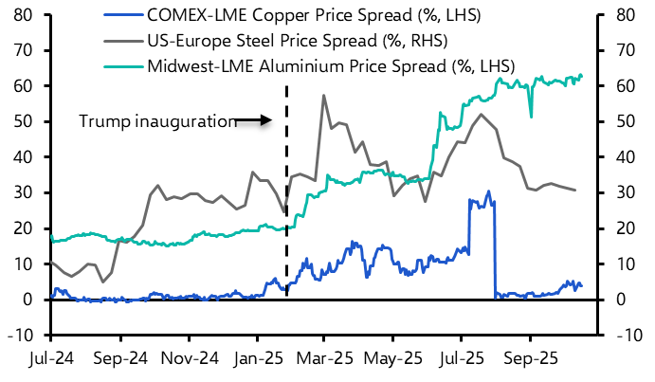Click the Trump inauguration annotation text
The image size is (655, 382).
(156, 120)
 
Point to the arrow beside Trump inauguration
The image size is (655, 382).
(254, 120)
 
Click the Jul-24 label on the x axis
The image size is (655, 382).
(53, 361)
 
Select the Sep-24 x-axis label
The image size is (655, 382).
(120, 361)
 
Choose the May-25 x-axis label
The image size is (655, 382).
(391, 361)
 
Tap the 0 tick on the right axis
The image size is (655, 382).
(616, 300)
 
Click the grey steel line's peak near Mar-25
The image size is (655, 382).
(324, 95)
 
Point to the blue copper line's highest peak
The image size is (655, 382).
(488, 191)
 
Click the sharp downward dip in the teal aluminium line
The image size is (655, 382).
(531, 117)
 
